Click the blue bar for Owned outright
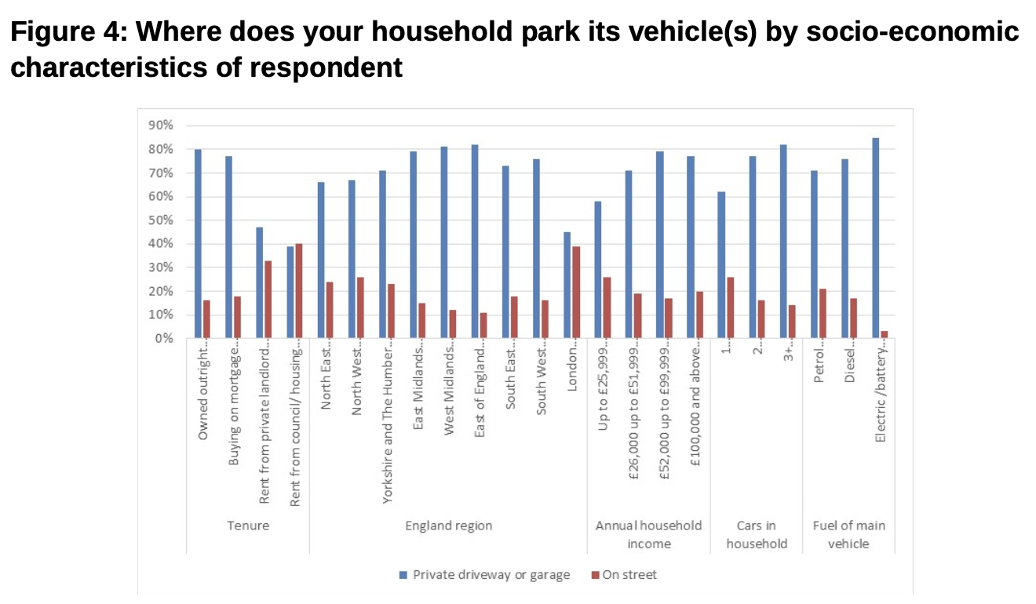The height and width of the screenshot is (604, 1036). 198,243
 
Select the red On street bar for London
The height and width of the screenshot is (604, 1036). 576,292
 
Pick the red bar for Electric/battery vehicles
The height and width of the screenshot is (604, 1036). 885,335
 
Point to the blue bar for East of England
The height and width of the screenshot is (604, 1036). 475,241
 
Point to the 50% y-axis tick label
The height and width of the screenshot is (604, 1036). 159,220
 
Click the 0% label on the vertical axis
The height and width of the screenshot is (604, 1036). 162,339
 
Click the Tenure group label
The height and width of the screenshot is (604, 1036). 248,526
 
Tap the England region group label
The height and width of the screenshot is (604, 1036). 448,526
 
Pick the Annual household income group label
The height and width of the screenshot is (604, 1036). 648,534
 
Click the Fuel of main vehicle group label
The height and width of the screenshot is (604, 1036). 848,534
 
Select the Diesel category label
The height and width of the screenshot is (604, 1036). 850,364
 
